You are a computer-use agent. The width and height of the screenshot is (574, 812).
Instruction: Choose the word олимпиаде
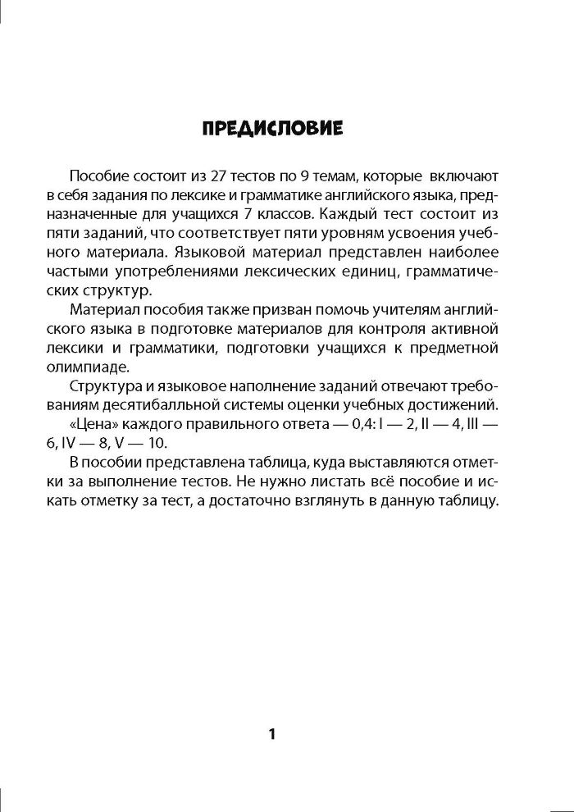pyautogui.click(x=109, y=366)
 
